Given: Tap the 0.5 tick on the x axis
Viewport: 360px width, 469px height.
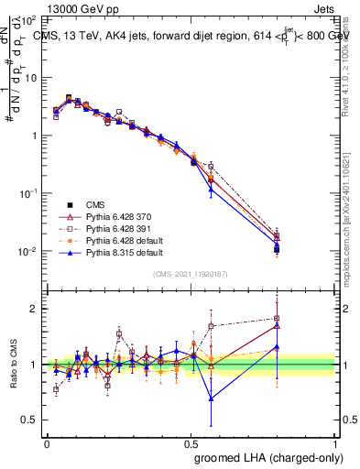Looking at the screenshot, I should [x=191, y=442].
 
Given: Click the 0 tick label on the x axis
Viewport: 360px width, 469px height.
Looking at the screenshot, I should [x=47, y=442].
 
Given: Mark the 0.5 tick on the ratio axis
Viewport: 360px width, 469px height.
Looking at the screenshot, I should [x=31, y=420].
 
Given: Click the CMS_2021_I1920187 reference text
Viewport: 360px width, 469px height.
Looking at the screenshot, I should [x=191, y=274].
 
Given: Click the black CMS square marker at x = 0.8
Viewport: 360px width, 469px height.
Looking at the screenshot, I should [x=277, y=249].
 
